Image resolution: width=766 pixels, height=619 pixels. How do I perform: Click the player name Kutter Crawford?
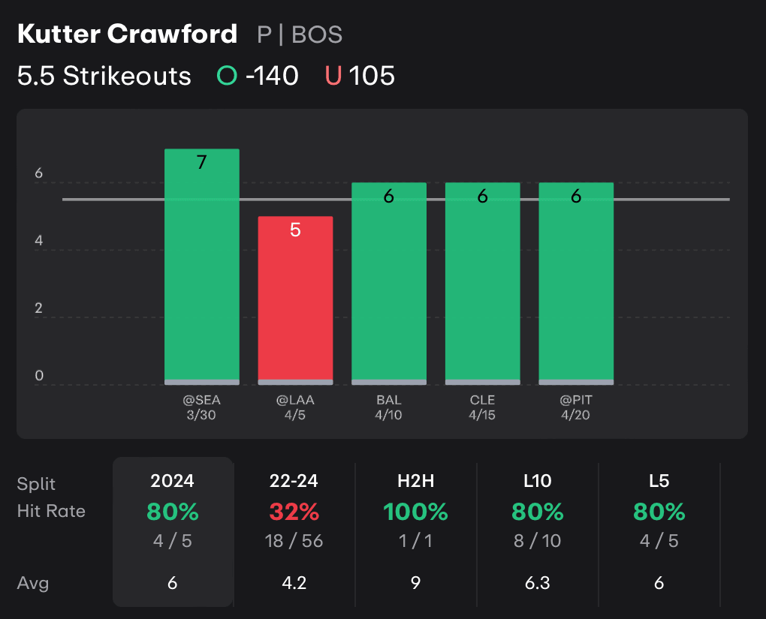pos(127,35)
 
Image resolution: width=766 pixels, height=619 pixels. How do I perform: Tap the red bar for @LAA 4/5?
pos(295,300)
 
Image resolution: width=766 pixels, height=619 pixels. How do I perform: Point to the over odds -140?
pos(271,76)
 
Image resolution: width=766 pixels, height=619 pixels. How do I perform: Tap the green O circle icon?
pos(227,76)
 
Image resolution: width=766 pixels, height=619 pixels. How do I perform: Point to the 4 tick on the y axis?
pos(39,242)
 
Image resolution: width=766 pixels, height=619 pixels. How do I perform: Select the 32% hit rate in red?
pos(294,512)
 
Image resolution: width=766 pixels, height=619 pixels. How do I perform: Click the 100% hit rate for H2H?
pos(415,512)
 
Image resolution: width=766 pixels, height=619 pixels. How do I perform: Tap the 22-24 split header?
pos(294,481)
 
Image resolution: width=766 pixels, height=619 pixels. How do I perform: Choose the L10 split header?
pos(538,481)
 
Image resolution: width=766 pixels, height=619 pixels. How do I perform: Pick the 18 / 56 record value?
pos(294,541)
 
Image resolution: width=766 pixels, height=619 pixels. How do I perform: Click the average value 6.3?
pos(538,583)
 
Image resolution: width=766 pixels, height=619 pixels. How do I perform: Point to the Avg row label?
pos(33,583)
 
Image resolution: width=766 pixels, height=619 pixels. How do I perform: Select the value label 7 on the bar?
pos(201,162)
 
